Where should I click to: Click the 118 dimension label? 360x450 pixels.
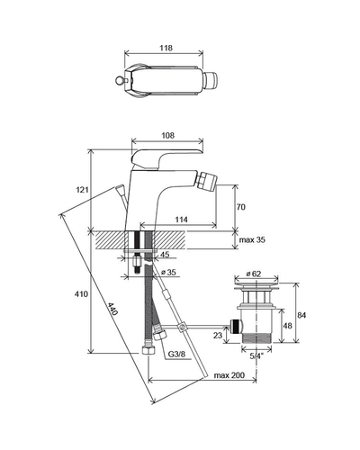coord(166,48)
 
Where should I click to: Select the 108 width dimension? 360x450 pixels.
coord(167,136)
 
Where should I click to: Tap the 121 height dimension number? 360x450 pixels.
coord(82,190)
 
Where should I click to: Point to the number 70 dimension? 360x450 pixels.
coord(240,207)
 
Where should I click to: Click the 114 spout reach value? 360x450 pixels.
coord(181,220)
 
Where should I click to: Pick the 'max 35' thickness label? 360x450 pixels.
coord(252,240)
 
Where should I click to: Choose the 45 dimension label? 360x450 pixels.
coord(165,255)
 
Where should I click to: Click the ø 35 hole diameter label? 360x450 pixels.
coord(168,273)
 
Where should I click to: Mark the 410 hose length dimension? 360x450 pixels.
coord(82,294)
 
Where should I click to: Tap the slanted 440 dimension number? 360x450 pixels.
coord(112,309)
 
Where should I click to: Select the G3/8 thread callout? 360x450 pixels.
coord(176,354)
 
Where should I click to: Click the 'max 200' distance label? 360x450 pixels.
coord(229,375)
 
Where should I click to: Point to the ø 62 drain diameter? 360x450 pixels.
coord(254,274)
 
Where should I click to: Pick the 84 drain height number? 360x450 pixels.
coord(301,315)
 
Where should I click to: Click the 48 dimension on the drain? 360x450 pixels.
coord(287,326)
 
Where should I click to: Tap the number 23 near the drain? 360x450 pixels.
coord(218,335)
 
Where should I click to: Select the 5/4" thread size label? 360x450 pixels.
coord(256,356)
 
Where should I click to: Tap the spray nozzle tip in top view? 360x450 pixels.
coord(210,81)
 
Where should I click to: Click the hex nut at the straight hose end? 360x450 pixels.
coord(148,351)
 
